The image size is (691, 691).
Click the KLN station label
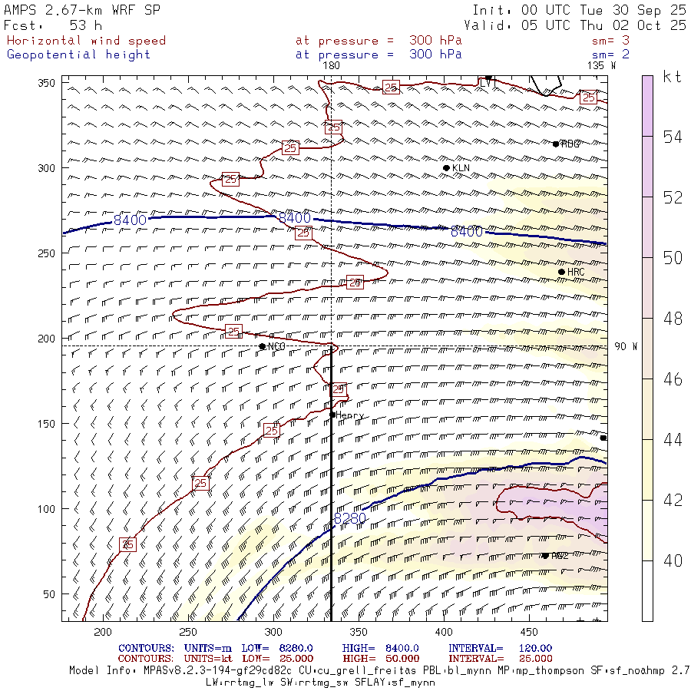461,168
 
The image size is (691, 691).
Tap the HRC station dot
561,272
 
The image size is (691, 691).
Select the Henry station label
349,415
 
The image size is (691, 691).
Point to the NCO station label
276,347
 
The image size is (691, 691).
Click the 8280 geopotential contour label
350,519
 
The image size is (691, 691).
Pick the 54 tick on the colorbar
673,137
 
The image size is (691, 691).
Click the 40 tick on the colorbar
673,561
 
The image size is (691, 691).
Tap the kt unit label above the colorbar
672,77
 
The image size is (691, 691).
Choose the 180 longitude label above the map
332,66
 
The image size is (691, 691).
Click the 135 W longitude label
601,66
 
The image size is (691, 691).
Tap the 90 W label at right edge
626,346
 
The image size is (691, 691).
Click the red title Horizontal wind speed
86,41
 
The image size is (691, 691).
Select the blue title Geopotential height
79,55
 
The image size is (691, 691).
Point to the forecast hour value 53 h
85,25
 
